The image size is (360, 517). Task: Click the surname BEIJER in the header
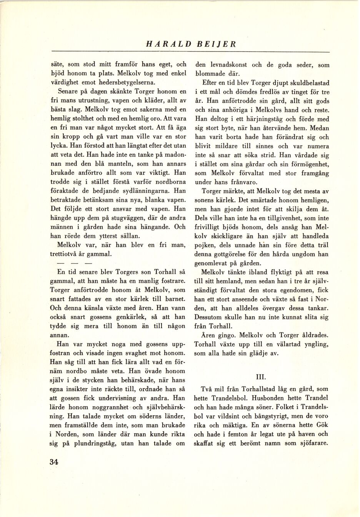pyautogui.click(x=217, y=44)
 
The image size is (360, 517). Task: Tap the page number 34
pyautogui.click(x=54, y=462)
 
